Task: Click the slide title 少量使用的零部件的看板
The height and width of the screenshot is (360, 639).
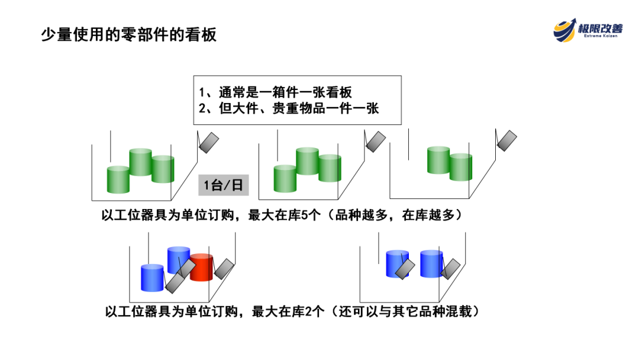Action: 128,35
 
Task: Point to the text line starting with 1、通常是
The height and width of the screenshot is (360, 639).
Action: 276,92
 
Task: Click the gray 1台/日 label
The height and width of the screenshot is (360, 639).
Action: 223,185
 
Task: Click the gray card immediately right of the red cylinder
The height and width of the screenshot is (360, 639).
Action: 224,268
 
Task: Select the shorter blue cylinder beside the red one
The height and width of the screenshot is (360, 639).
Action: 152,277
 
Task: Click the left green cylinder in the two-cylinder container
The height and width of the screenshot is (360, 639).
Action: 438,160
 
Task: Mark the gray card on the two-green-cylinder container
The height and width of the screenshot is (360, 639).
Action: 506,140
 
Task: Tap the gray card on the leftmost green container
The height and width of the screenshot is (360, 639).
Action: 209,142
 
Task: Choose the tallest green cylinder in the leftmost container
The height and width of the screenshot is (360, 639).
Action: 141,162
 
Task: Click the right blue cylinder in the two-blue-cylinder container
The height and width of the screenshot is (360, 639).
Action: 431,263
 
